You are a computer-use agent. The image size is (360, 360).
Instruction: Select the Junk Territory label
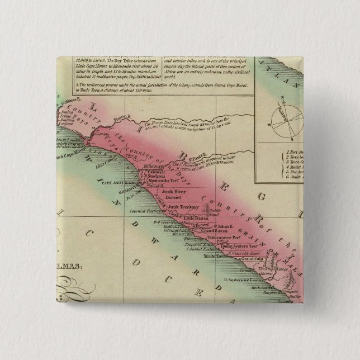(177, 206)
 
